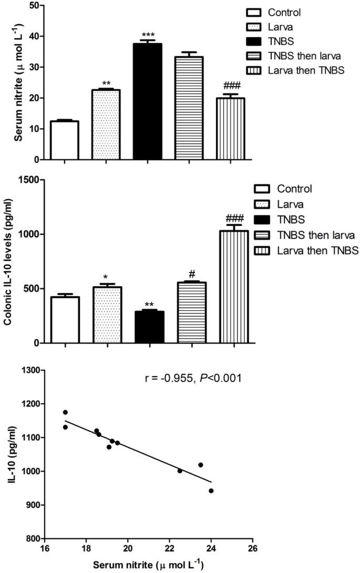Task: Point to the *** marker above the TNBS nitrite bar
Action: coord(147,35)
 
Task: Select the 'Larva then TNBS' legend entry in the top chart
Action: coord(300,71)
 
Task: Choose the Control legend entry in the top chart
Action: coord(281,12)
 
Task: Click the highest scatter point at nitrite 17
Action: coord(65,412)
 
